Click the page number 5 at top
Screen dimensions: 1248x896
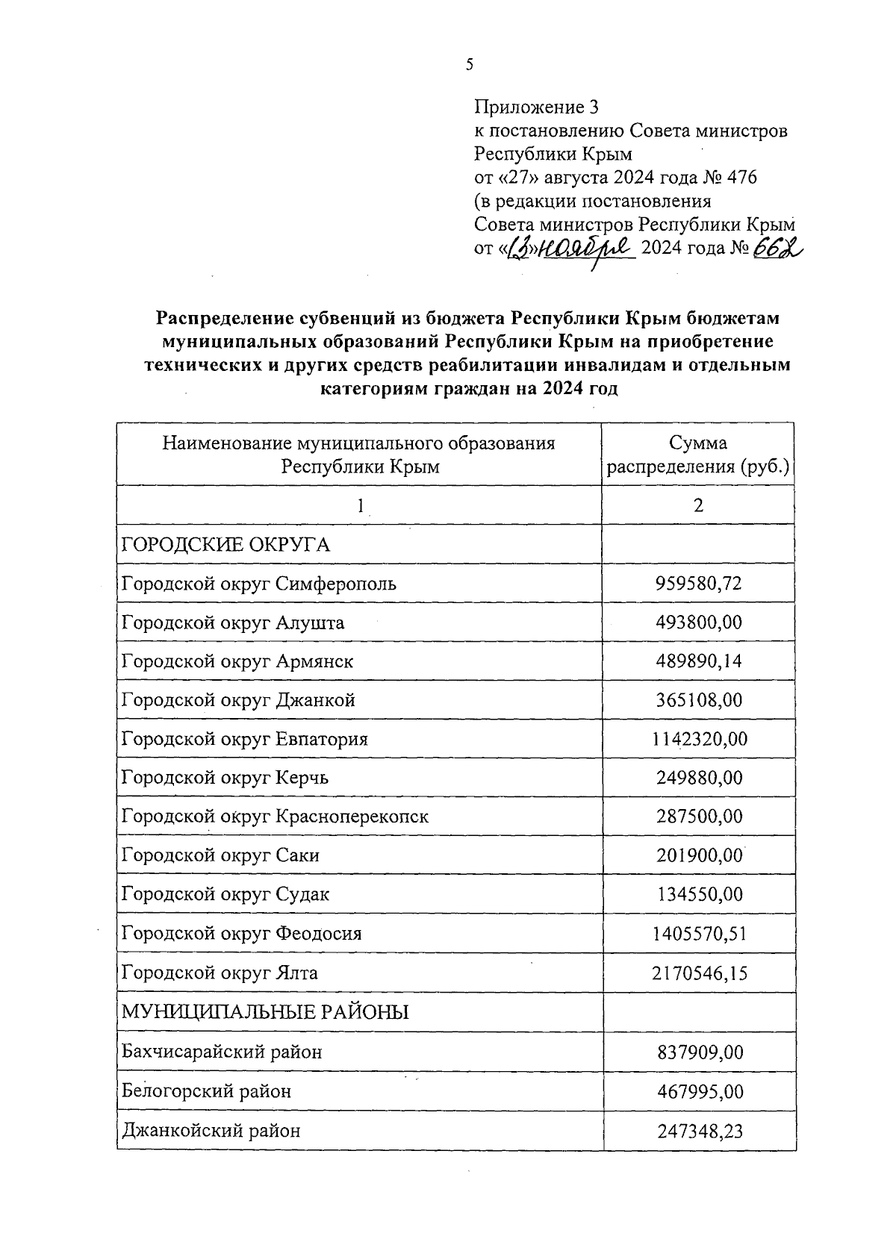click(x=469, y=65)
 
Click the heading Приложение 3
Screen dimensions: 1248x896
click(x=537, y=107)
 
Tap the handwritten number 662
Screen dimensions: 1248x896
click(x=777, y=248)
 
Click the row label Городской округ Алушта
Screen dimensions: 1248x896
click(x=233, y=623)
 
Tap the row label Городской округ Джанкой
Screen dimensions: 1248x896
click(x=238, y=700)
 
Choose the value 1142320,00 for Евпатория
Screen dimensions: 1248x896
click(x=699, y=739)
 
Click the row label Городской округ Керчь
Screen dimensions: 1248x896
click(x=225, y=778)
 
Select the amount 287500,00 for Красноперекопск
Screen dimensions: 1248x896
click(x=699, y=817)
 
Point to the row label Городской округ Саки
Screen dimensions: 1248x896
click(x=220, y=855)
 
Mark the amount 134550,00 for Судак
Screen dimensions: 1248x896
click(x=699, y=894)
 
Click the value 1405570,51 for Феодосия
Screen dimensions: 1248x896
click(x=699, y=934)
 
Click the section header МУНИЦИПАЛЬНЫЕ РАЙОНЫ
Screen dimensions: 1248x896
click(x=265, y=1013)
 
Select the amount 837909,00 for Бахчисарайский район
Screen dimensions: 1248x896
click(x=700, y=1052)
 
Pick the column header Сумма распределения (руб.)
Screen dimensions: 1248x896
click(x=698, y=455)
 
